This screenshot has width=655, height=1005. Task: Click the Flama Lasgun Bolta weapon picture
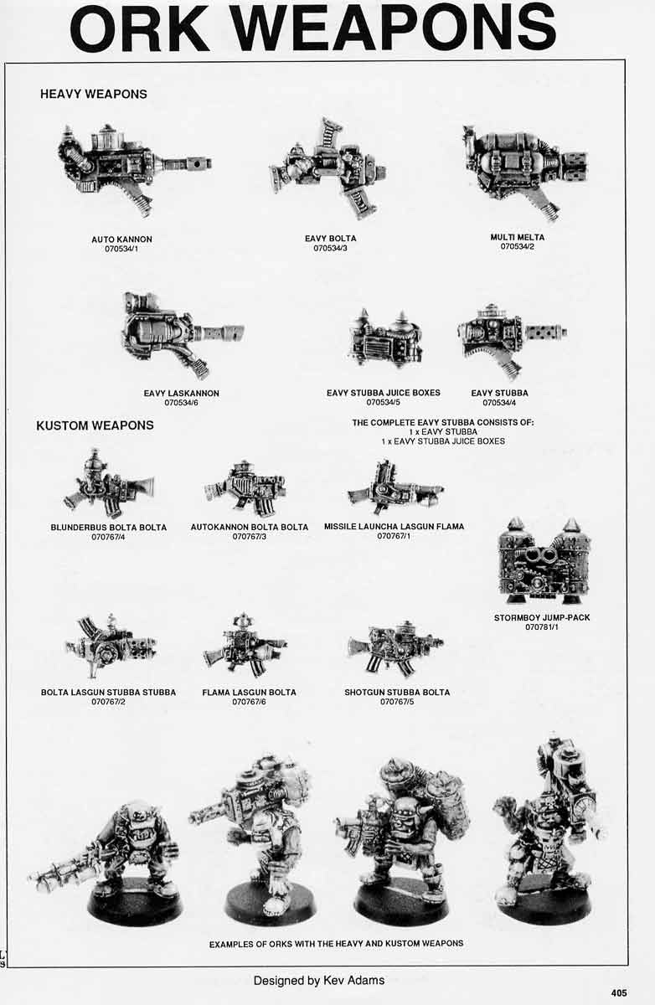coord(245,647)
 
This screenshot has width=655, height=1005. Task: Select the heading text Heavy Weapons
coord(93,95)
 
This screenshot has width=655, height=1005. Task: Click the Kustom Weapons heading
coord(95,425)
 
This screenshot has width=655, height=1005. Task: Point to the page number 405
coord(619,993)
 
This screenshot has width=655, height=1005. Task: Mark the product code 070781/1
coord(542,627)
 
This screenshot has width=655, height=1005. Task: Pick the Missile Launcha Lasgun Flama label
coord(394,527)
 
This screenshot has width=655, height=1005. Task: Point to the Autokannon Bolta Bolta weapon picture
coord(246,487)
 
